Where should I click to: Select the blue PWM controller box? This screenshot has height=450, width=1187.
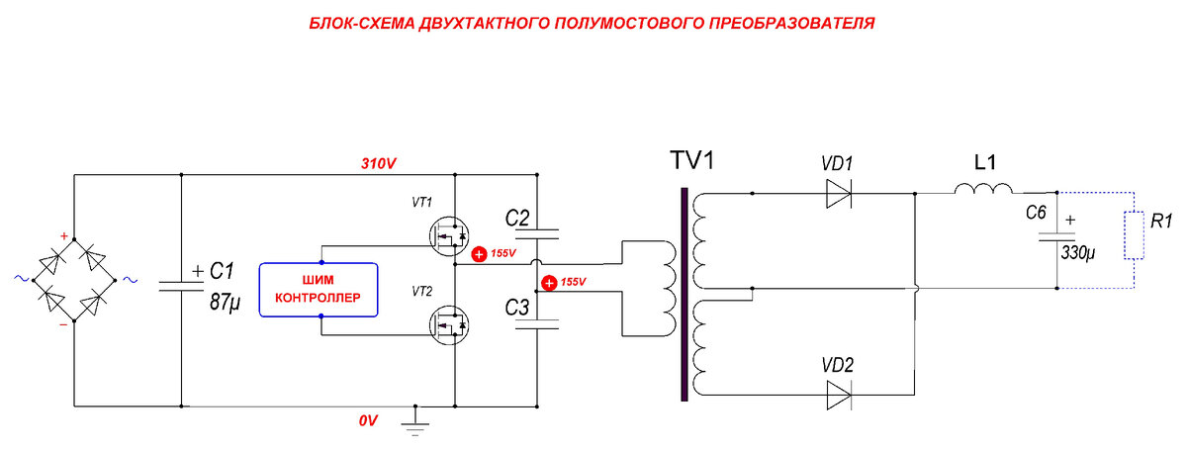pyautogui.click(x=319, y=289)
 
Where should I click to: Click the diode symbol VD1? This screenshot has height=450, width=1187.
pyautogui.click(x=839, y=194)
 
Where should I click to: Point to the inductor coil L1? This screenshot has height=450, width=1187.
pyautogui.click(x=982, y=190)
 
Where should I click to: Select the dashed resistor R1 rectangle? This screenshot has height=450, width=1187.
pyautogui.click(x=1134, y=234)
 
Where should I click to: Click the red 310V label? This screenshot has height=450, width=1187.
pyautogui.click(x=379, y=163)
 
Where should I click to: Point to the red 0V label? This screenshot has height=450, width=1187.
pyautogui.click(x=368, y=420)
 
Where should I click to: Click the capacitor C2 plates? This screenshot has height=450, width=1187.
pyautogui.click(x=536, y=235)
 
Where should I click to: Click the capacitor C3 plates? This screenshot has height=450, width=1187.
pyautogui.click(x=536, y=324)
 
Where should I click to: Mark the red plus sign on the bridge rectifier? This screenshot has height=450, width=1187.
pyautogui.click(x=65, y=237)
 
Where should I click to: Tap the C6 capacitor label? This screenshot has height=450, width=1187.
pyautogui.click(x=1036, y=212)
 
